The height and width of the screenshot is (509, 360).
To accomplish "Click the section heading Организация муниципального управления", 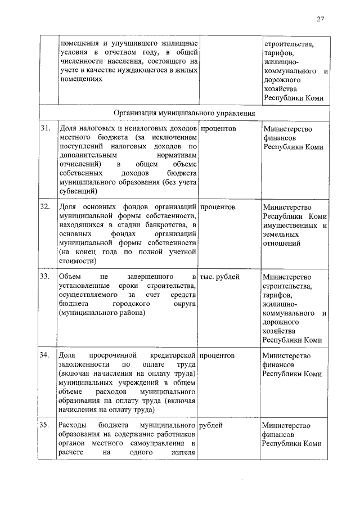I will [x=184, y=113].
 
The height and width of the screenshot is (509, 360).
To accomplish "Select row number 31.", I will [x=46, y=129].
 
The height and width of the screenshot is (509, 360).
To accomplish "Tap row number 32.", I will [x=46, y=207].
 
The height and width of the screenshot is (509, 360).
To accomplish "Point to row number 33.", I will [x=46, y=277].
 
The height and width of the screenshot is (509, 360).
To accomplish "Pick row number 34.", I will [x=46, y=355].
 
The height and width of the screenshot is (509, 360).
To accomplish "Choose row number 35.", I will [x=46, y=425].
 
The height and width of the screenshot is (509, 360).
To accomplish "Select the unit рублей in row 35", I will [x=211, y=425].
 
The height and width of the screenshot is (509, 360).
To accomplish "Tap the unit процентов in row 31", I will [x=218, y=129].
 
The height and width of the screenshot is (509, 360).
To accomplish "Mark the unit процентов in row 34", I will [x=218, y=355].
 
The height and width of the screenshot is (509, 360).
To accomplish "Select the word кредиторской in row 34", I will [x=172, y=355].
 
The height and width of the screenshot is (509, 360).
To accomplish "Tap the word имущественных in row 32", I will [x=288, y=225].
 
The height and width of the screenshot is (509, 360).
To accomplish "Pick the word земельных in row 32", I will [x=281, y=234].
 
